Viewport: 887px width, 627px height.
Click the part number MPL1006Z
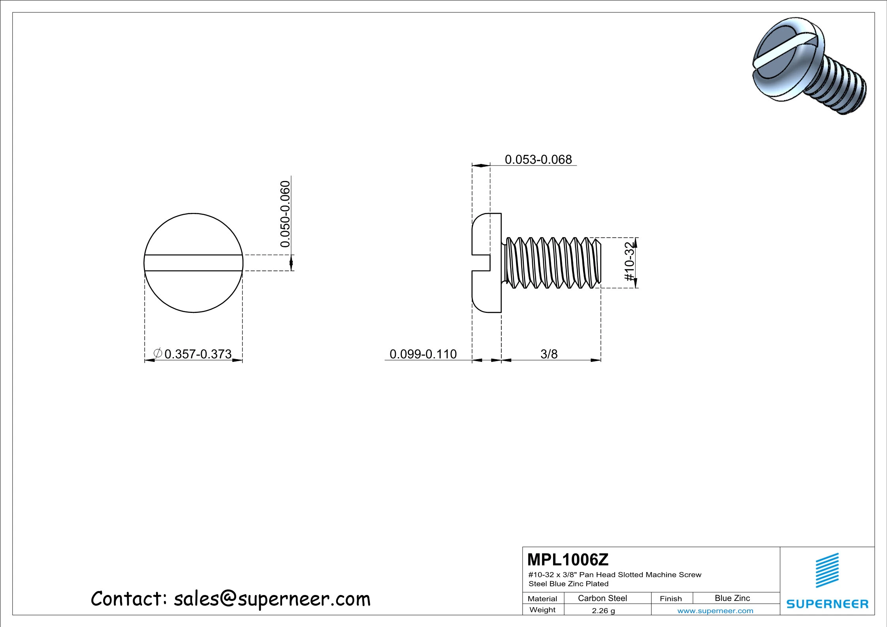568,560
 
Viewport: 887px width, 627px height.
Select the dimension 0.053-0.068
538,160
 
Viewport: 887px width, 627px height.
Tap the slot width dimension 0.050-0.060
285,214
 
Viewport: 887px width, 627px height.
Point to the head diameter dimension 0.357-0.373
198,354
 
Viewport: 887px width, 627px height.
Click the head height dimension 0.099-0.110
423,354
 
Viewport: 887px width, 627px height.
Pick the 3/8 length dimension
549,354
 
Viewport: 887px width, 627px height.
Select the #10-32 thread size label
629,262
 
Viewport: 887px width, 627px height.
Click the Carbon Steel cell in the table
602,598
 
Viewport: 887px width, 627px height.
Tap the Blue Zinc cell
732,598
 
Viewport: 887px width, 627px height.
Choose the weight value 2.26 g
603,610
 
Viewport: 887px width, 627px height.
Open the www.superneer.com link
715,611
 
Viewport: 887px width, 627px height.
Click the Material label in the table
542,599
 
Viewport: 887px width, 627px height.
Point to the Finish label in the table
670,599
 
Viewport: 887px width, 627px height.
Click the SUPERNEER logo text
827,604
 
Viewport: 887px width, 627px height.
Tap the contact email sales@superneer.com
272,599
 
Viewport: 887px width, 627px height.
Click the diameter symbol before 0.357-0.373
158,353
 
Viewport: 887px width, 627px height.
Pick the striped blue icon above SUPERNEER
827,571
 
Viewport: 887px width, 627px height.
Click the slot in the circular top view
194,263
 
